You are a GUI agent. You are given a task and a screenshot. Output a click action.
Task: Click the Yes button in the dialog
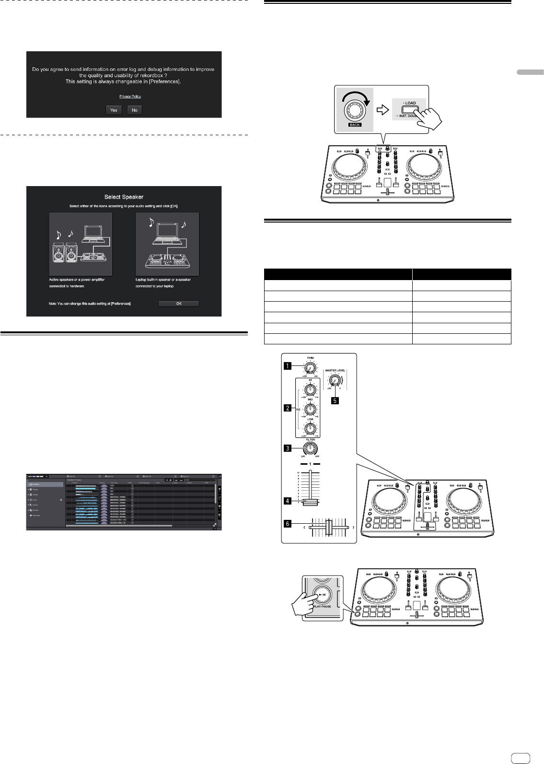pyautogui.click(x=114, y=110)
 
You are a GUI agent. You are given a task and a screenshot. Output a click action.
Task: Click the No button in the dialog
pyautogui.click(x=135, y=110)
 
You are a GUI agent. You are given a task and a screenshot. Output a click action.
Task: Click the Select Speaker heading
pyautogui.click(x=124, y=197)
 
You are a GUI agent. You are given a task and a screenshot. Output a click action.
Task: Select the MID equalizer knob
pyautogui.click(x=310, y=409)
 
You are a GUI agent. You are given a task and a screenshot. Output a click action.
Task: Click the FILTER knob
pyautogui.click(x=310, y=448)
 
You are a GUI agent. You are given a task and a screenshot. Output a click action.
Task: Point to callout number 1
pyautogui.click(x=288, y=366)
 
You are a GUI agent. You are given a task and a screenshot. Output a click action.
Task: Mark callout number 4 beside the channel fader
pyautogui.click(x=288, y=501)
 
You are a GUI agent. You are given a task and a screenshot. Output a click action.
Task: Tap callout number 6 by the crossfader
pyautogui.click(x=288, y=524)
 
